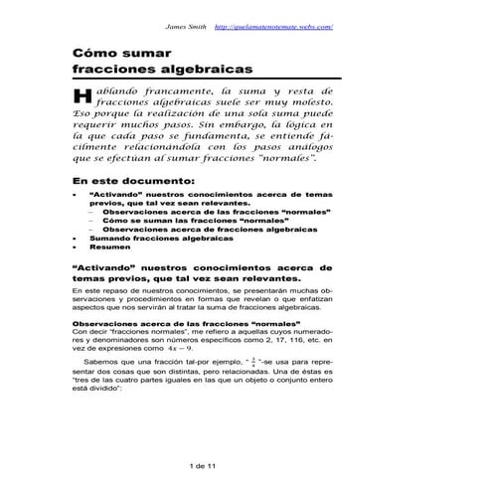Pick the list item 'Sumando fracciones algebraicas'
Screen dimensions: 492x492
point(154,240)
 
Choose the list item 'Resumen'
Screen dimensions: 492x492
point(110,248)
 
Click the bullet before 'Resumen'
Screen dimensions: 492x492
point(78,248)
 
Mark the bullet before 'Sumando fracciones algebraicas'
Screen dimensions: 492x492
point(78,240)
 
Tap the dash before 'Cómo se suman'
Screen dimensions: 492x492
point(91,221)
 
